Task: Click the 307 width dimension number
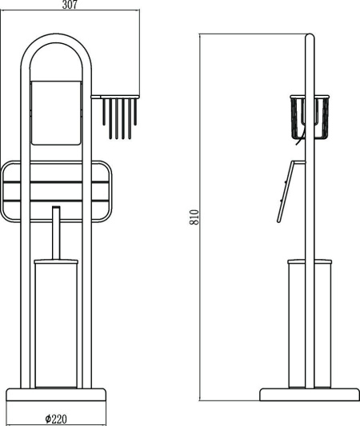pos(70,5)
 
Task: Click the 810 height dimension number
pos(194,217)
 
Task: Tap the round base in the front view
pos(56,395)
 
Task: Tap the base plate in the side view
pos(310,395)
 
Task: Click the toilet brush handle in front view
pos(56,233)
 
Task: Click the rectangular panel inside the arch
pos(56,113)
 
